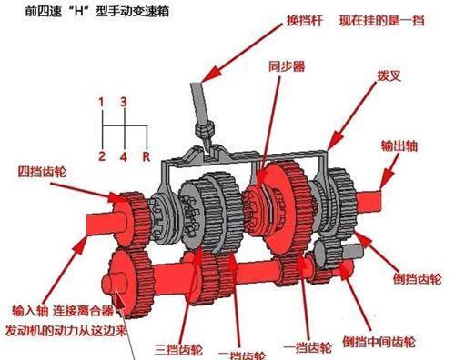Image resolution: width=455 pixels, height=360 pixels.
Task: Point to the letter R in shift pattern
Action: [x=145, y=155]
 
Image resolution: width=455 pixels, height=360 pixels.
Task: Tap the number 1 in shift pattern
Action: [x=102, y=101]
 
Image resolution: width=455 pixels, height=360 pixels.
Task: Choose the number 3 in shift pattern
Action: [x=125, y=101]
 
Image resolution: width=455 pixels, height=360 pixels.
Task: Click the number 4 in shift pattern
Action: [x=124, y=155]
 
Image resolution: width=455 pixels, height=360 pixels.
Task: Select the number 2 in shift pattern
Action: [x=102, y=155]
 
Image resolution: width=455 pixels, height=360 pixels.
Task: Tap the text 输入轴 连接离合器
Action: [x=67, y=309]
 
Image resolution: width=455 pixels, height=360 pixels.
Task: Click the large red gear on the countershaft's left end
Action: [x=129, y=278]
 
